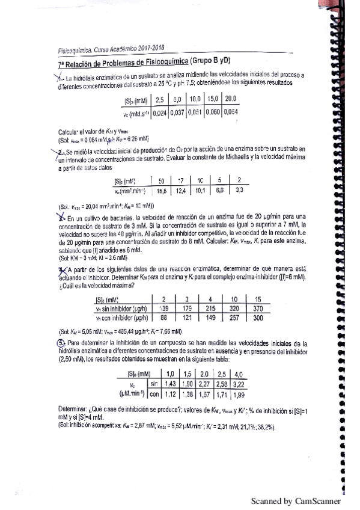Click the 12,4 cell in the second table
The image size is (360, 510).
(x=182, y=191)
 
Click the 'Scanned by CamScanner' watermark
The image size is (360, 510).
(x=296, y=501)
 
